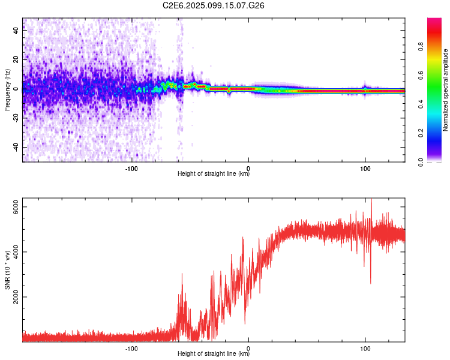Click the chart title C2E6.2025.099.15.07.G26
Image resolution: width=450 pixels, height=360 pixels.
pyautogui.click(x=214, y=5)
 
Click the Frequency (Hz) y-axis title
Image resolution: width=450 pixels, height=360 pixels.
pyautogui.click(x=7, y=90)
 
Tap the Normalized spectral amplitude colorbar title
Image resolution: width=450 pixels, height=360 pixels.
pyautogui.click(x=446, y=90)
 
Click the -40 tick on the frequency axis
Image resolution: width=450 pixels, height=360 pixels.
pyautogui.click(x=16, y=147)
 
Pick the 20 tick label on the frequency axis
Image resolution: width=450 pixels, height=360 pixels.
pyautogui.click(x=16, y=60)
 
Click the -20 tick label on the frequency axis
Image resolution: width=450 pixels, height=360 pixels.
pyautogui.click(x=16, y=118)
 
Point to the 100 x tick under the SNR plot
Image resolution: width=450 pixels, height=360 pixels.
pyautogui.click(x=365, y=347)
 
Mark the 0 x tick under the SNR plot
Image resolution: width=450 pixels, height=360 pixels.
pyautogui.click(x=248, y=347)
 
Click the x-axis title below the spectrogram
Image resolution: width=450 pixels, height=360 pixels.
pyautogui.click(x=214, y=174)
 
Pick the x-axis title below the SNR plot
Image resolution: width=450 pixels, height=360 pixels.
pyautogui.click(x=214, y=353)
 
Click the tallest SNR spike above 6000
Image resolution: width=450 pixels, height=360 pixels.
pyautogui.click(x=371, y=200)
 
